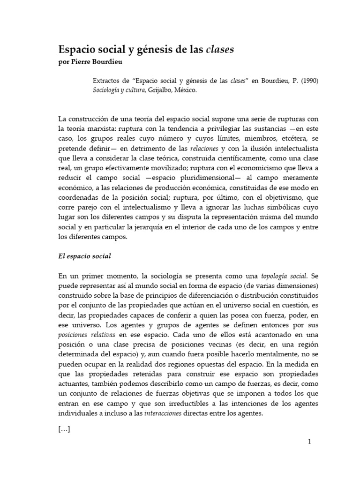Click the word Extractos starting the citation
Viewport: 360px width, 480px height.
click(108, 81)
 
